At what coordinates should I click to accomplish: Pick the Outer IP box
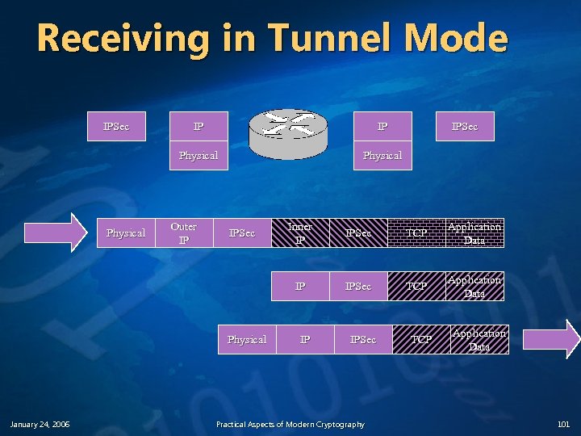(x=184, y=233)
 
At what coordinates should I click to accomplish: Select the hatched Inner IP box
(x=299, y=233)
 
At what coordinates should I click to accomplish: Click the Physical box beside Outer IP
(x=126, y=233)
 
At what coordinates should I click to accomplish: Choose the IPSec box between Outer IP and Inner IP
(x=242, y=233)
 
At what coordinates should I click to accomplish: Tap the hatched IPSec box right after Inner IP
(x=358, y=233)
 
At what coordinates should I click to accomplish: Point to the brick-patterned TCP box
(x=416, y=233)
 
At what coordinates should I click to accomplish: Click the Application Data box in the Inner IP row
(x=474, y=233)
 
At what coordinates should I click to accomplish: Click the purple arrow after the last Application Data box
(x=551, y=339)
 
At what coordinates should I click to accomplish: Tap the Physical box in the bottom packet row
(x=247, y=339)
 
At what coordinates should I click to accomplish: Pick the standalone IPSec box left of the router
(x=116, y=126)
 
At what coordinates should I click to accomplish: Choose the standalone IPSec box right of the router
(x=465, y=126)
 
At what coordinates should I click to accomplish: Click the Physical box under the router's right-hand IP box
(x=382, y=155)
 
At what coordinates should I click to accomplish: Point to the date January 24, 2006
(x=40, y=425)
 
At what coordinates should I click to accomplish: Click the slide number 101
(x=563, y=425)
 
